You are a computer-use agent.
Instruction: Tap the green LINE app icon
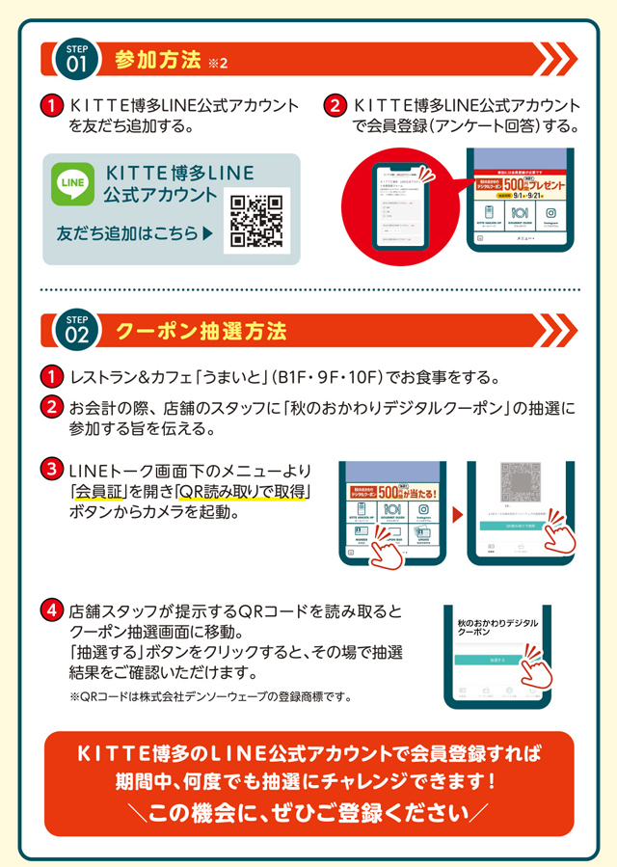tap(73, 184)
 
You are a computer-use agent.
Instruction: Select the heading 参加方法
tap(156, 60)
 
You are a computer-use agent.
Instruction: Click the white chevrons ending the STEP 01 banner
tap(555, 60)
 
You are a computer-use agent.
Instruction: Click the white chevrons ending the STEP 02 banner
tap(555, 332)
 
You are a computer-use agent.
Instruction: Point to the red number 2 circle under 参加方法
tap(335, 106)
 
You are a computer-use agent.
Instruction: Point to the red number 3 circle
tap(51, 471)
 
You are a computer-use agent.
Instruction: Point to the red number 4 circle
tap(51, 611)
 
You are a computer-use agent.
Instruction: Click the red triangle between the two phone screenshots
tap(456, 511)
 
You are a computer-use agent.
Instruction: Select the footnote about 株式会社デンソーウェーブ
tap(209, 696)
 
